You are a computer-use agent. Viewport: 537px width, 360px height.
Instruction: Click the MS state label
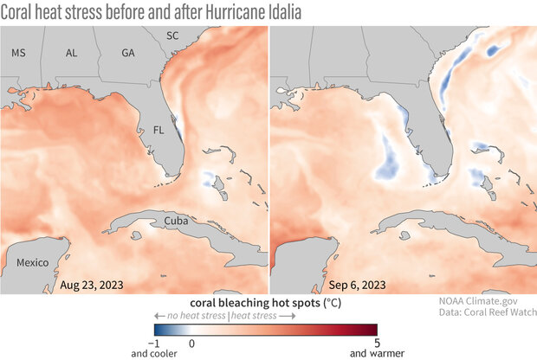[18, 54]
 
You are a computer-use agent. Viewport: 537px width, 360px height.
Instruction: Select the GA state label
[128, 54]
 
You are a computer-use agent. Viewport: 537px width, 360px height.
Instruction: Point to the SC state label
[173, 36]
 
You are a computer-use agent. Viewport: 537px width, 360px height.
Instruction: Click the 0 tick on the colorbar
[191, 344]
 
